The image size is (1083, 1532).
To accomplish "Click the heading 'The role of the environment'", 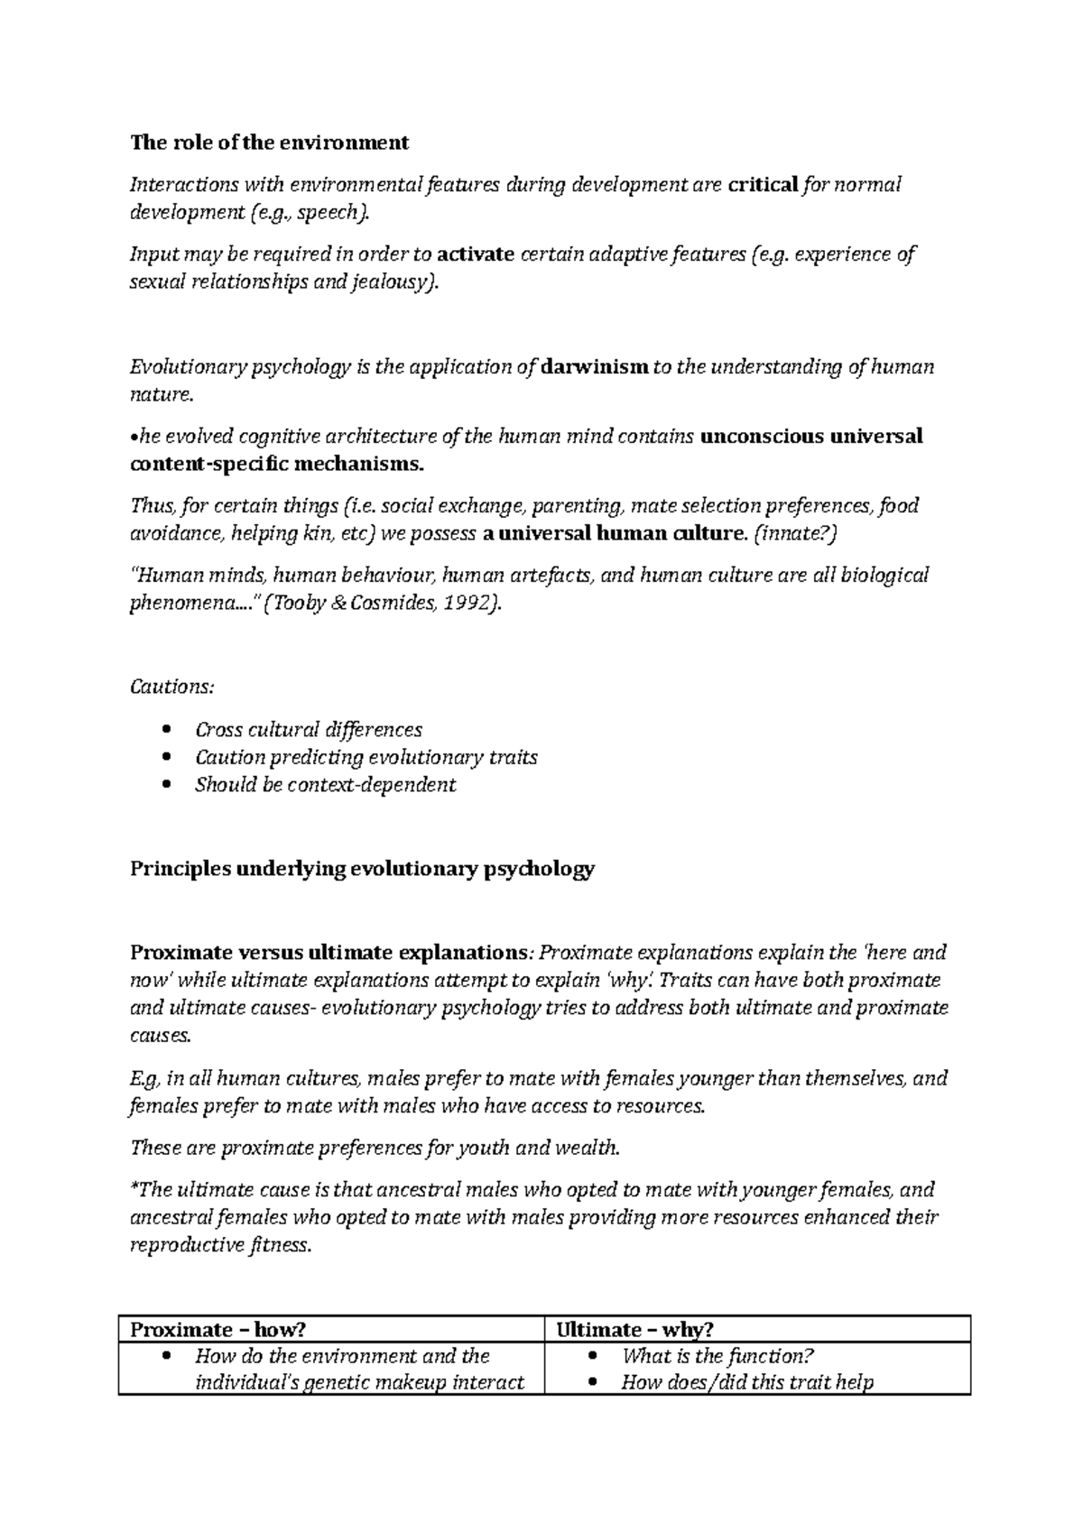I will pos(269,143).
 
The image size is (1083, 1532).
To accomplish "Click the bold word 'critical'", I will pos(763,185).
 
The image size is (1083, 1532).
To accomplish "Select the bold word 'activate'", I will pos(475,254).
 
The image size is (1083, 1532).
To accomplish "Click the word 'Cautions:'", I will pos(172,688).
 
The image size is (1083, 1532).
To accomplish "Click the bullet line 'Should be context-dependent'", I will pos(325,785).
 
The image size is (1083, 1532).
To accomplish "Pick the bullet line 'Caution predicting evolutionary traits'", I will pos(366,757).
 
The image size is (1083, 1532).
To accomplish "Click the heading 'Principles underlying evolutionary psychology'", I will pos(362,869).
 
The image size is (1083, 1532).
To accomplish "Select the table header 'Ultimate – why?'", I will pos(634,1329).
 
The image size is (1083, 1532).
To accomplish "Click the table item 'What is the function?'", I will pos(718,1356).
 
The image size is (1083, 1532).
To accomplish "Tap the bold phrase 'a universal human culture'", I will pos(612,533).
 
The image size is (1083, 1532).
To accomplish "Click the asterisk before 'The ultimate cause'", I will pos(134,1188).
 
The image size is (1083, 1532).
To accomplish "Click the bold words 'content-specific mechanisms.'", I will pos(276,465).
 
